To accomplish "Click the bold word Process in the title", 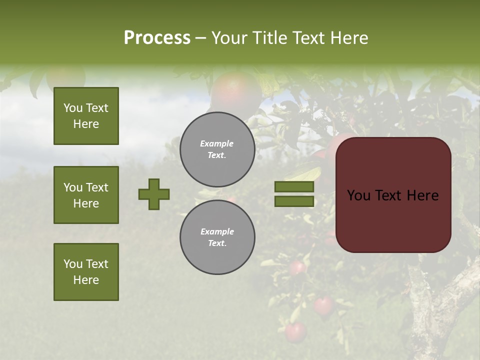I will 157,38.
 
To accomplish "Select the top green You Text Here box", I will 86,116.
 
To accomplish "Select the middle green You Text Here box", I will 86,195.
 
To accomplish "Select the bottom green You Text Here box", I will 86,272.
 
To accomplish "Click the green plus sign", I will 154,194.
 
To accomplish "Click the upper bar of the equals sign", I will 294,186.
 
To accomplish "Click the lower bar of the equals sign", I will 294,201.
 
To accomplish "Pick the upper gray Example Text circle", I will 217,149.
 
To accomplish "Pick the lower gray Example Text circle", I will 217,237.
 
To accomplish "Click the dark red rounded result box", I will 393,195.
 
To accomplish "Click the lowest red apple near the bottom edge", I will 295,332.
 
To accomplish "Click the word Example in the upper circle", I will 216,143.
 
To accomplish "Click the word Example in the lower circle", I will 217,231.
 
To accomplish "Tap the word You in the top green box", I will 73,108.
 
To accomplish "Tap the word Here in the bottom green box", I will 86,280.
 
